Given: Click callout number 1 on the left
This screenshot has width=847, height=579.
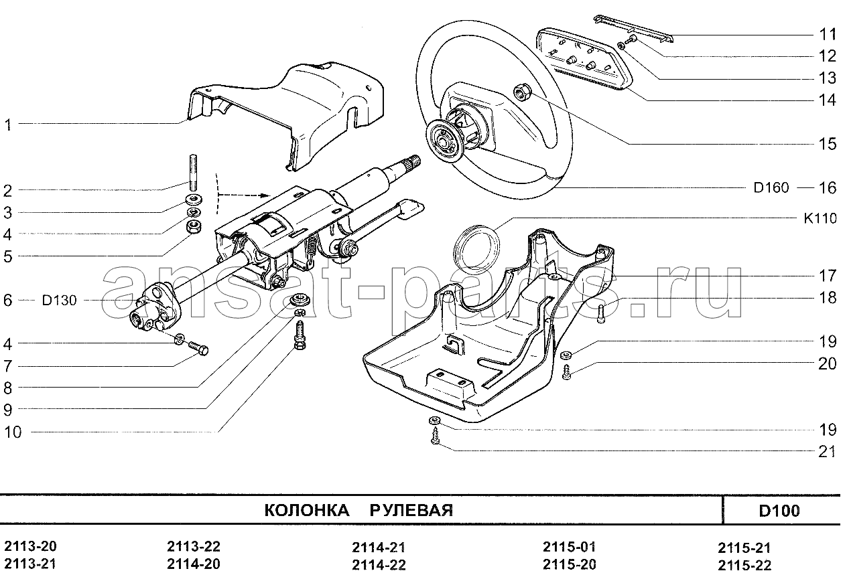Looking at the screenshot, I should pos(8,125).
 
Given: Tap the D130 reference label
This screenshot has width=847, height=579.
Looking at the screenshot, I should pos(59,301).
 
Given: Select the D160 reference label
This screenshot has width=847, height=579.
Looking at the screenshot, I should pos(771,188).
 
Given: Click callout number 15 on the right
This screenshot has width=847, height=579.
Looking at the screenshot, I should pos(827,144).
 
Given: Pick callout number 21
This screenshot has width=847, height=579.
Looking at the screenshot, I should pos(827,452).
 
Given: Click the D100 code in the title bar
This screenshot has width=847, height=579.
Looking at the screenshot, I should pos(779,511).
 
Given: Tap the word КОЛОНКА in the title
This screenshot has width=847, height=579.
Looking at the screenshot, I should pos(306,511).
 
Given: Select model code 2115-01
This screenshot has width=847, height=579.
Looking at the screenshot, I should pos(568,547).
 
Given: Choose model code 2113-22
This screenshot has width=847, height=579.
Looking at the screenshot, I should pos(193,546).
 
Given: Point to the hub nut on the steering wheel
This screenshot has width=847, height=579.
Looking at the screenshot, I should pos(521,90).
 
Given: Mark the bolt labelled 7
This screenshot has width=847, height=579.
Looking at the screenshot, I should pos(198,348).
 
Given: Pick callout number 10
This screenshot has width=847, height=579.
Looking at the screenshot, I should pos(13,432).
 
